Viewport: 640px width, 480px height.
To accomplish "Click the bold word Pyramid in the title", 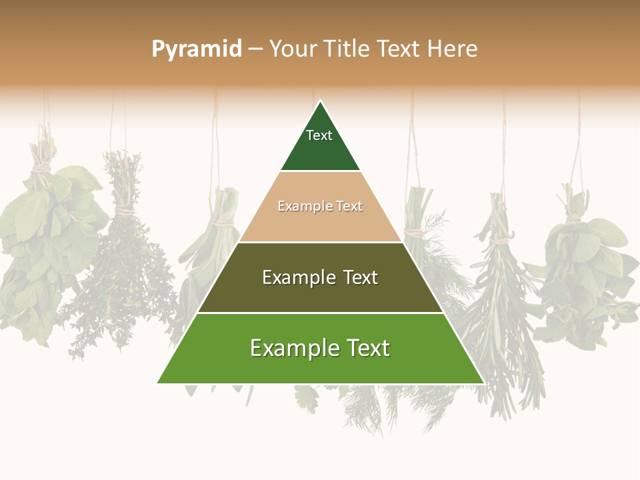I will click(x=197, y=49).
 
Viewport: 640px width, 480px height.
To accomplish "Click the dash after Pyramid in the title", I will click(x=255, y=49).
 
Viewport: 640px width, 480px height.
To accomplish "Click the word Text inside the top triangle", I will click(x=319, y=135).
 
